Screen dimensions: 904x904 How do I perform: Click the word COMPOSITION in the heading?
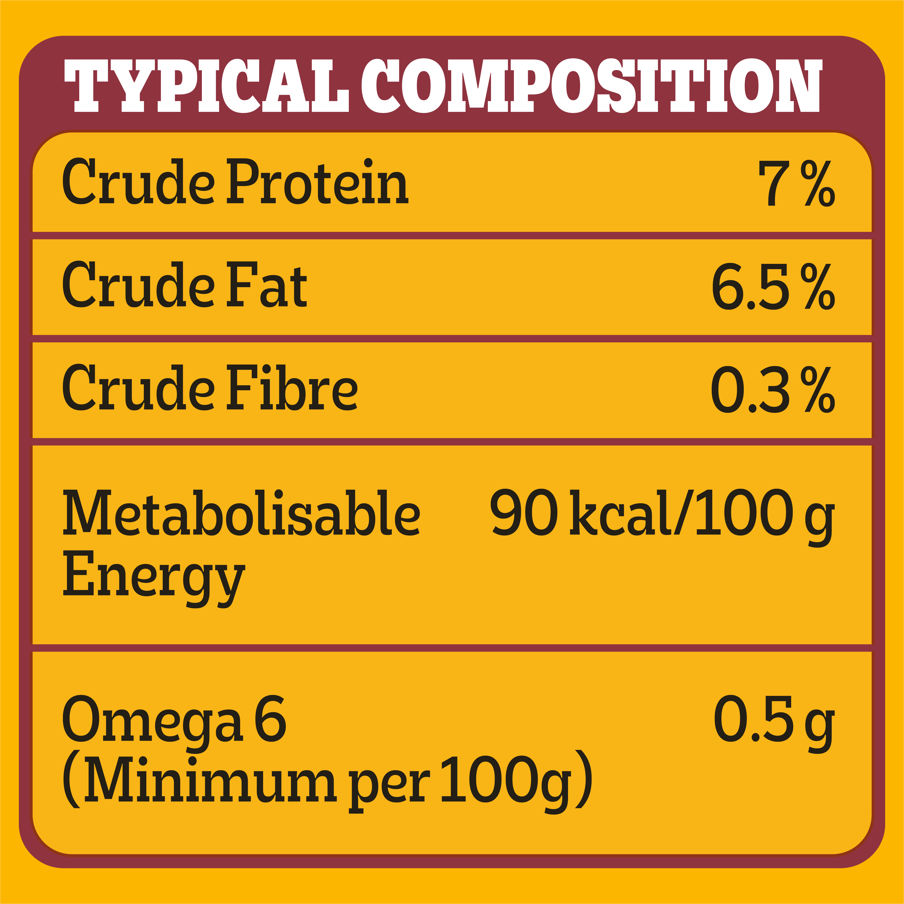(591, 86)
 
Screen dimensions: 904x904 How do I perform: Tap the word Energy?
(153, 576)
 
